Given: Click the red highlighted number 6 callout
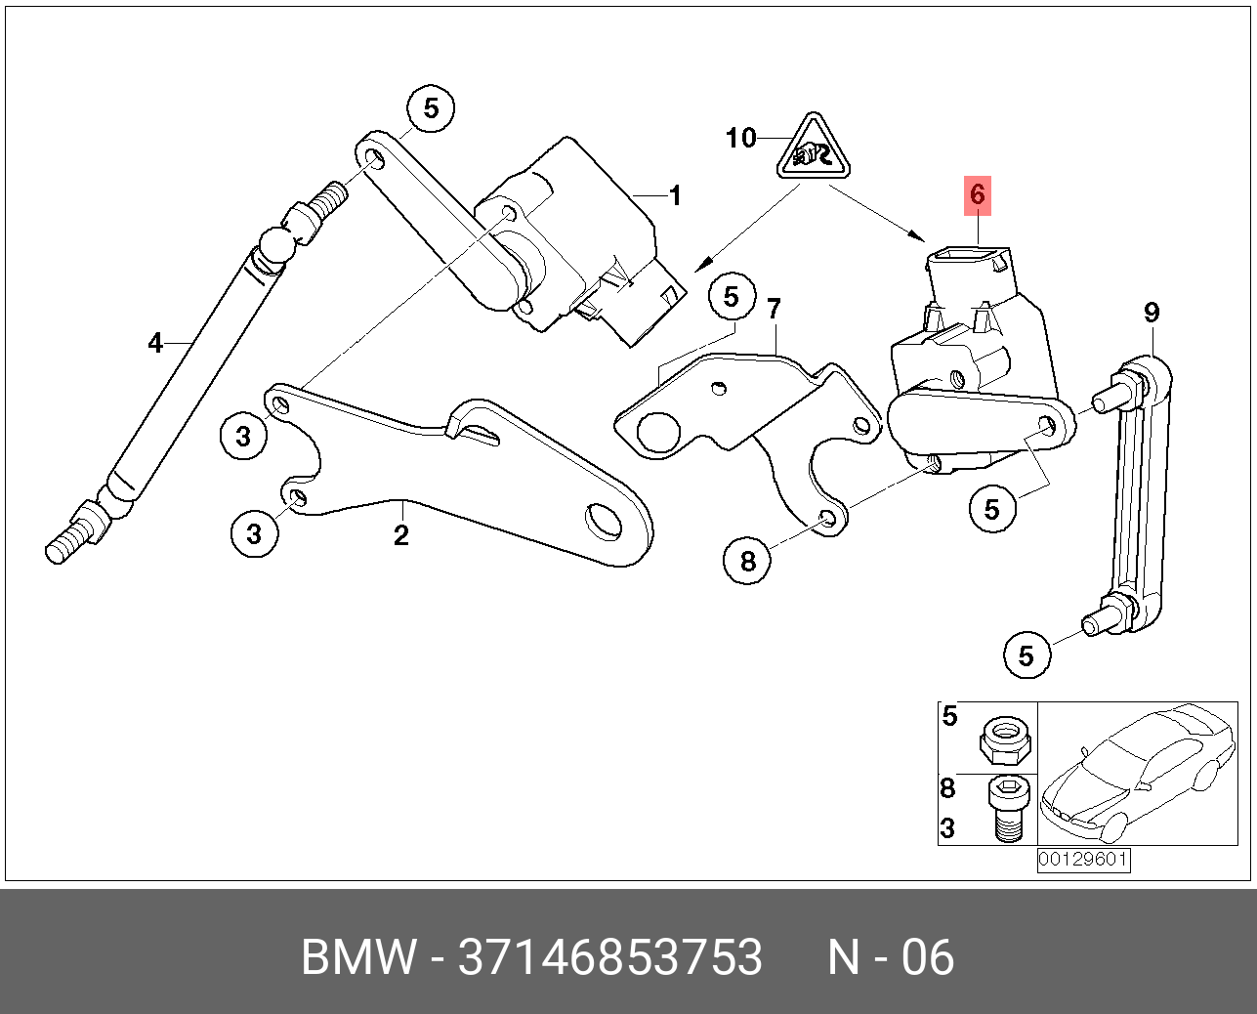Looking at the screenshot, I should [978, 195].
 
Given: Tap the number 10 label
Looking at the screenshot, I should [740, 138].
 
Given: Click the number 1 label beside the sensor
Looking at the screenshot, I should [674, 195].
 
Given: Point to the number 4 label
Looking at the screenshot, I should [155, 343].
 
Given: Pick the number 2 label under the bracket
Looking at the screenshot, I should [400, 534].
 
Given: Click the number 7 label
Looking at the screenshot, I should [774, 310].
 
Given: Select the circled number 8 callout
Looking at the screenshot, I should [747, 561].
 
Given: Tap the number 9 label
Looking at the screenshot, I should [1152, 313].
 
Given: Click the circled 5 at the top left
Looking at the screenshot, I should [432, 108].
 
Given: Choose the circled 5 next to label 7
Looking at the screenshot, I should [732, 297].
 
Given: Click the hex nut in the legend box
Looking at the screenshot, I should [1005, 739].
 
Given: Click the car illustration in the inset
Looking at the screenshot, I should [1138, 773].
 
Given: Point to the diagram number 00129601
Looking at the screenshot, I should [1083, 860].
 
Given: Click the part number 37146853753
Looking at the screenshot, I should [610, 957].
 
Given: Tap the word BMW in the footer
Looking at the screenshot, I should [358, 957].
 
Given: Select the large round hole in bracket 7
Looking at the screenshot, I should [657, 430].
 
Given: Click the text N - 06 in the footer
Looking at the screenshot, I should [891, 957].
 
